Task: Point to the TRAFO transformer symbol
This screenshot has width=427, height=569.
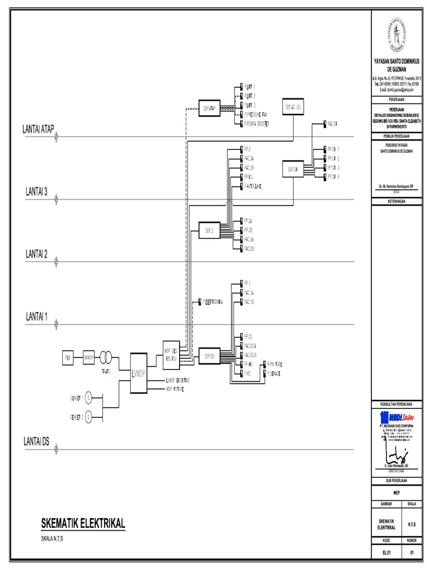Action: (108, 356)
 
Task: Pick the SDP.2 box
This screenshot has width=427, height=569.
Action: (210, 230)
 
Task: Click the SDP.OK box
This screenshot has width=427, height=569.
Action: (292, 169)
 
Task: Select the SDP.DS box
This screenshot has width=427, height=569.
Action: (210, 356)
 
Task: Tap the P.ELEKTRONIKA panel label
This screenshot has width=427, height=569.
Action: (212, 302)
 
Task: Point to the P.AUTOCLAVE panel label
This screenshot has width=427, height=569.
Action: (252, 186)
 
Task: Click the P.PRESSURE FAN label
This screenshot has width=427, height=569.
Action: (256, 113)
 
